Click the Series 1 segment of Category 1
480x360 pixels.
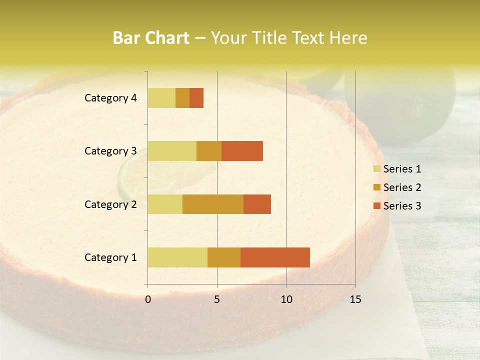[x=177, y=257]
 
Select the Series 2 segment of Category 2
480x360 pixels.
[x=213, y=204]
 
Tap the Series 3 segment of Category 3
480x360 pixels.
[x=242, y=151]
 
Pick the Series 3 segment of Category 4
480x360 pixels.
[x=196, y=98]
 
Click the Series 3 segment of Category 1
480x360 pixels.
[x=275, y=257]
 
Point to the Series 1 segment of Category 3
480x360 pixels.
[x=172, y=151]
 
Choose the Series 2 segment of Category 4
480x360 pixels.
[x=182, y=98]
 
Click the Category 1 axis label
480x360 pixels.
[x=110, y=257]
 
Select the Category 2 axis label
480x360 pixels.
[x=110, y=204]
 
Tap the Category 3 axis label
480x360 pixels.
[x=110, y=151]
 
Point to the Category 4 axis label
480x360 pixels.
[x=110, y=98]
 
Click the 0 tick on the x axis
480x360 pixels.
[x=148, y=299]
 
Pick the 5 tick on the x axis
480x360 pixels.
[x=217, y=299]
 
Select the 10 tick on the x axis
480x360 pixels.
[x=286, y=299]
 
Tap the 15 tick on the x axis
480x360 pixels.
[x=355, y=299]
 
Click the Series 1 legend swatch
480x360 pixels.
[x=376, y=169]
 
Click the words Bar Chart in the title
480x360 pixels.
[x=150, y=38]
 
